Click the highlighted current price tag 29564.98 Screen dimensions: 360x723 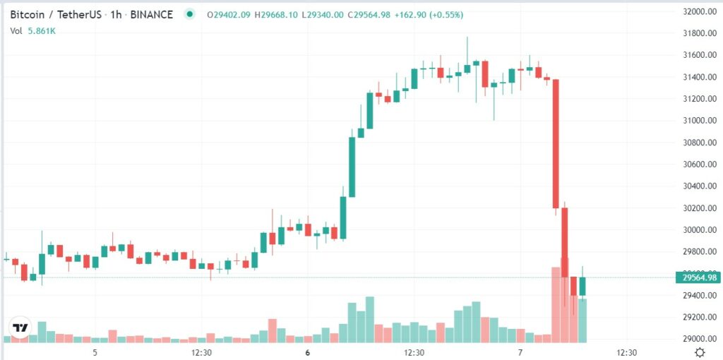pos(697,277)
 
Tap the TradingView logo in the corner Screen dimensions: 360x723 pos(20,328)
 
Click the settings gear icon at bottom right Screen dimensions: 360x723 pos(699,352)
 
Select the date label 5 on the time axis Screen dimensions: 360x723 pos(95,352)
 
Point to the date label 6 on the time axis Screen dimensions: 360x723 pos(307,352)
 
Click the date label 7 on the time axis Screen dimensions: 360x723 pos(520,352)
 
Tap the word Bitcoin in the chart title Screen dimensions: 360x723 pos(29,15)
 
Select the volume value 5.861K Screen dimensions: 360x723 pos(43,30)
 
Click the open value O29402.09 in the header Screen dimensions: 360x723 pos(232,15)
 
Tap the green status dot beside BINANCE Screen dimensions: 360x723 pos(189,14)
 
